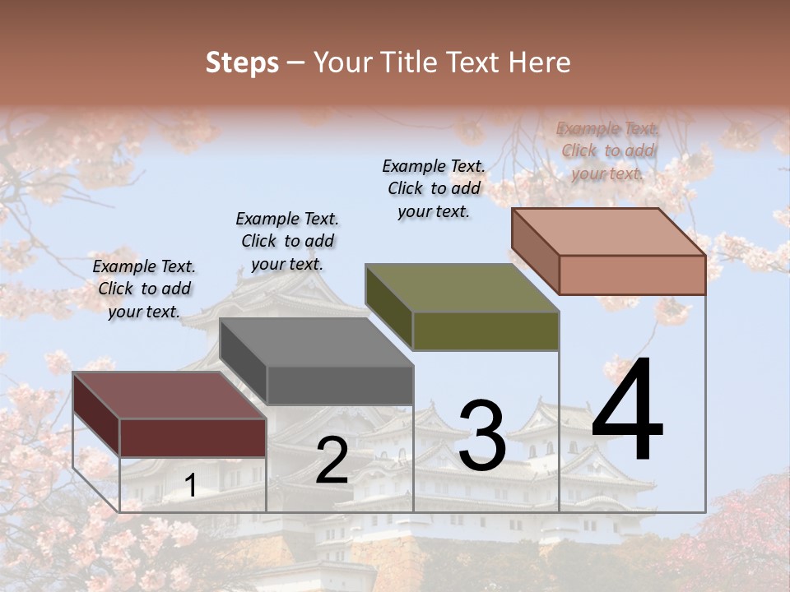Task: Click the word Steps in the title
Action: [x=241, y=62]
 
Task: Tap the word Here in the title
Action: [x=539, y=62]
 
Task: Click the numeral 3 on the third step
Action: [x=481, y=436]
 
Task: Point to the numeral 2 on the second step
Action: [x=332, y=460]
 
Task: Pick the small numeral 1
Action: [x=191, y=486]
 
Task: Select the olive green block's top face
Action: [x=462, y=288]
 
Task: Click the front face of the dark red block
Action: [x=193, y=437]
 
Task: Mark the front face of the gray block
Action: [x=339, y=385]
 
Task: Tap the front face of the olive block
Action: [x=486, y=331]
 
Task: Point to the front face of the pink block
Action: [x=632, y=275]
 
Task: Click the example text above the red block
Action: [x=144, y=289]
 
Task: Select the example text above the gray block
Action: [x=287, y=241]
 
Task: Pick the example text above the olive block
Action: [x=434, y=188]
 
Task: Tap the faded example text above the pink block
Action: [x=607, y=150]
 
